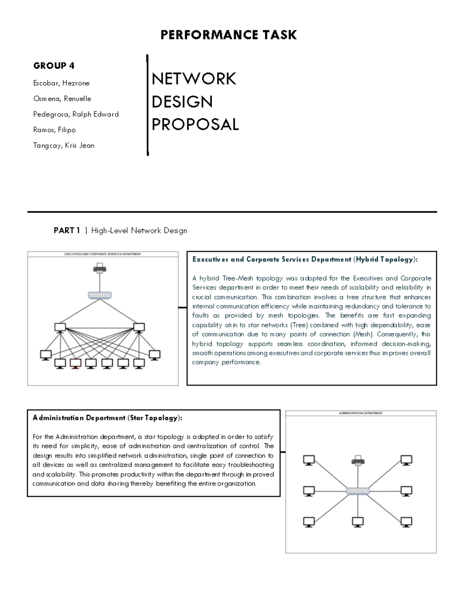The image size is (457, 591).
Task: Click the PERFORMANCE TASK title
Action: [x=228, y=35]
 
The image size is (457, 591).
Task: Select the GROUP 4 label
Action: [x=54, y=66]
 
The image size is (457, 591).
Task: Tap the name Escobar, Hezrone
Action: [x=61, y=83]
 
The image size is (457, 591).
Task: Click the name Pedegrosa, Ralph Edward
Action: [x=76, y=114]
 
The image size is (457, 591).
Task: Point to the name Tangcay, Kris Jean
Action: [x=64, y=145]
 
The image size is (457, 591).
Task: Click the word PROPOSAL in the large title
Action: [x=195, y=124]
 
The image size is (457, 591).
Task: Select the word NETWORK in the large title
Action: [x=194, y=79]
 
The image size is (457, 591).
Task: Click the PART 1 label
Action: [x=67, y=231]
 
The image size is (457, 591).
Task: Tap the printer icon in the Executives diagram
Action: [x=100, y=268]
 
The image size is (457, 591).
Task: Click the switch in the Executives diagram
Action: [x=100, y=295]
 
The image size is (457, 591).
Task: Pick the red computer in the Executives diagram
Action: [x=75, y=363]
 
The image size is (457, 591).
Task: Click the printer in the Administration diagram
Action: [x=358, y=460]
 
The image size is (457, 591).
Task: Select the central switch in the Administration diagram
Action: [x=358, y=491]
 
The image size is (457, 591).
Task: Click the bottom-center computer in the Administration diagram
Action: [x=358, y=522]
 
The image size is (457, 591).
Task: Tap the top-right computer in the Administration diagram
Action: [x=406, y=460]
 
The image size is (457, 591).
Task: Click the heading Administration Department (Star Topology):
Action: [x=107, y=418]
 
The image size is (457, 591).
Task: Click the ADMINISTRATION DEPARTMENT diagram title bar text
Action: [x=361, y=413]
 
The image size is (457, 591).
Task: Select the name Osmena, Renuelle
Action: [x=62, y=99]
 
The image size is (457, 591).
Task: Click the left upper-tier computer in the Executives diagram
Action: [x=60, y=327]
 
